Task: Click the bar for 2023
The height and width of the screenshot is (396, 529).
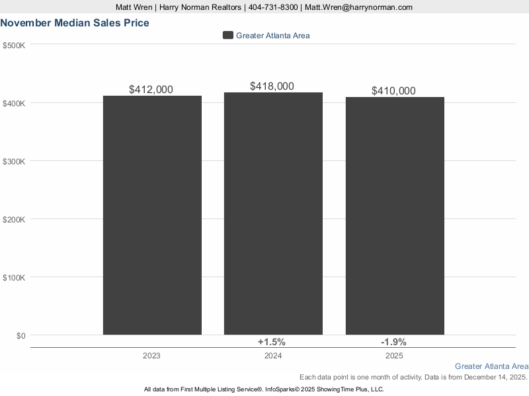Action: pos(152,215)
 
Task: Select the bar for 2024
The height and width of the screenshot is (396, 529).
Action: pos(273,213)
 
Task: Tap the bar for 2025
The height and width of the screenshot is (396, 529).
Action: pos(395,216)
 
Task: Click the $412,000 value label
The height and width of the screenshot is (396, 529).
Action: pos(151,89)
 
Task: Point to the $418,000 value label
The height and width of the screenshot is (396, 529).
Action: pos(272,86)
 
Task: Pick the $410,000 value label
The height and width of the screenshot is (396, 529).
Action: pos(393,91)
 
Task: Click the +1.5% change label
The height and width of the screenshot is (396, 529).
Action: pos(271,342)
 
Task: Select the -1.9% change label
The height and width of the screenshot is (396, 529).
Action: pos(393,342)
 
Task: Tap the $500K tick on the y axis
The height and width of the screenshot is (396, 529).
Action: pos(14,45)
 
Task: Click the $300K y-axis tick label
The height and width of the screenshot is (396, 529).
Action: pos(14,161)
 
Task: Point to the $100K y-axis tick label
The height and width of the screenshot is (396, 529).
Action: pos(14,277)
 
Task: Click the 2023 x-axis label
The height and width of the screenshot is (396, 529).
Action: pos(151,356)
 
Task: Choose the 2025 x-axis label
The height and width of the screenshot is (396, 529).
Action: pos(394,356)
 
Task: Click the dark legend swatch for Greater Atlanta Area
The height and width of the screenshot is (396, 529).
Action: pos(228,36)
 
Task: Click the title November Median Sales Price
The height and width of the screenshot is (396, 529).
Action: pos(75,23)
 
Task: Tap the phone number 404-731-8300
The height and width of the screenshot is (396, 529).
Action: pos(272,7)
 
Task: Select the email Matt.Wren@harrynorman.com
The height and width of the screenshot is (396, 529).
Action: pos(358,7)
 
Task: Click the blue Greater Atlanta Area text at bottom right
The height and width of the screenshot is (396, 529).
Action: pos(491,366)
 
